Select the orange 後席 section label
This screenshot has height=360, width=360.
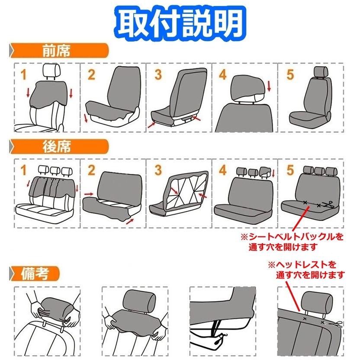[x=56, y=147]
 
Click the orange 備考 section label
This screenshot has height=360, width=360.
[x=35, y=273]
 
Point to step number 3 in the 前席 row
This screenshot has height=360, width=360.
[x=158, y=74]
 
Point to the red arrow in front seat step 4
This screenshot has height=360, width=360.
[x=269, y=86]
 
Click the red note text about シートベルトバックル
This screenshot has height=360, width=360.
[x=292, y=242]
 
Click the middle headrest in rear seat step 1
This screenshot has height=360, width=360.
[x=55, y=170]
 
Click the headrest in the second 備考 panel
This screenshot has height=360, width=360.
[x=139, y=299]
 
